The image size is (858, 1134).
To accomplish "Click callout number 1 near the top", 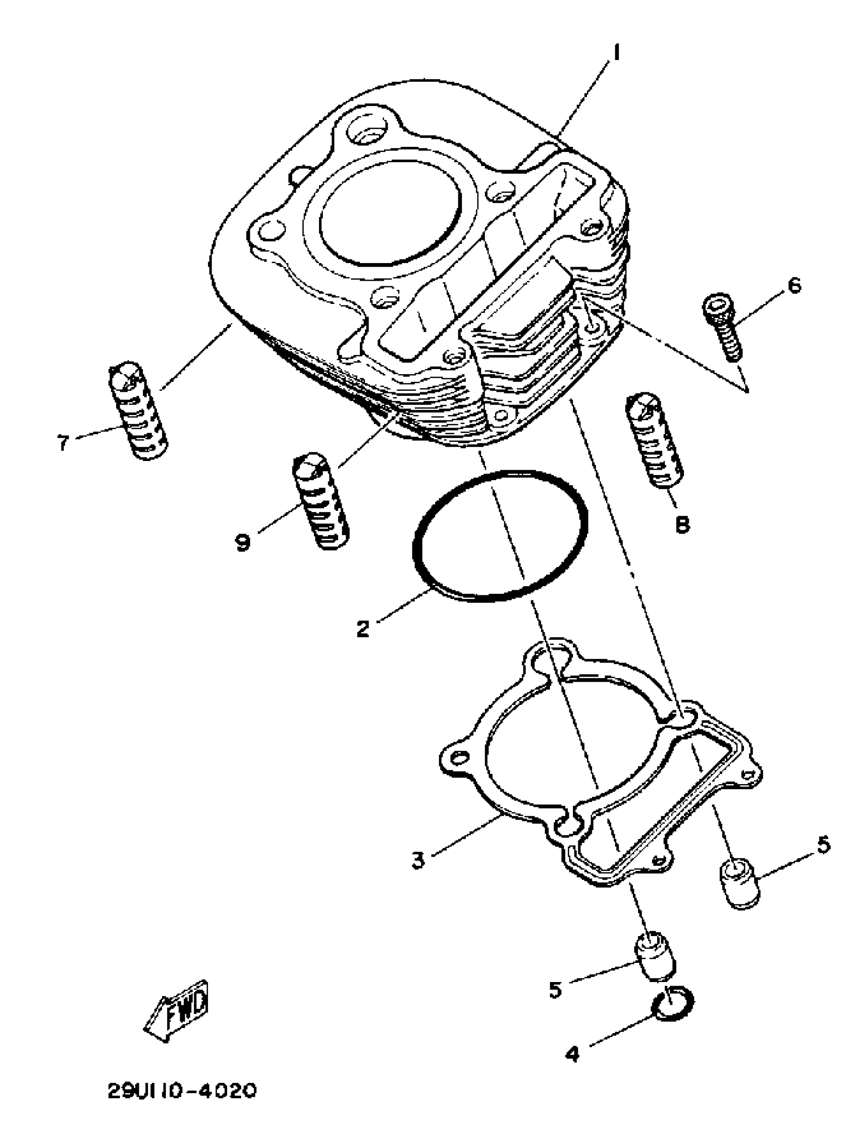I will (617, 52).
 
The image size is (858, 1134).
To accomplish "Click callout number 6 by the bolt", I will (793, 285).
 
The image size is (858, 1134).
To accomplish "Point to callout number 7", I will (63, 442).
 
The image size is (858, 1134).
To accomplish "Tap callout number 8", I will (683, 525).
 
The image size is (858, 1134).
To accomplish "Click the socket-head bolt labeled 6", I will (722, 326).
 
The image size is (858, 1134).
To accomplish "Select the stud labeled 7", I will (138, 410).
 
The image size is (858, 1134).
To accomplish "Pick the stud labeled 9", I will (321, 501).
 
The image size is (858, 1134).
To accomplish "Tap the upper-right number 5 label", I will (824, 844).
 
